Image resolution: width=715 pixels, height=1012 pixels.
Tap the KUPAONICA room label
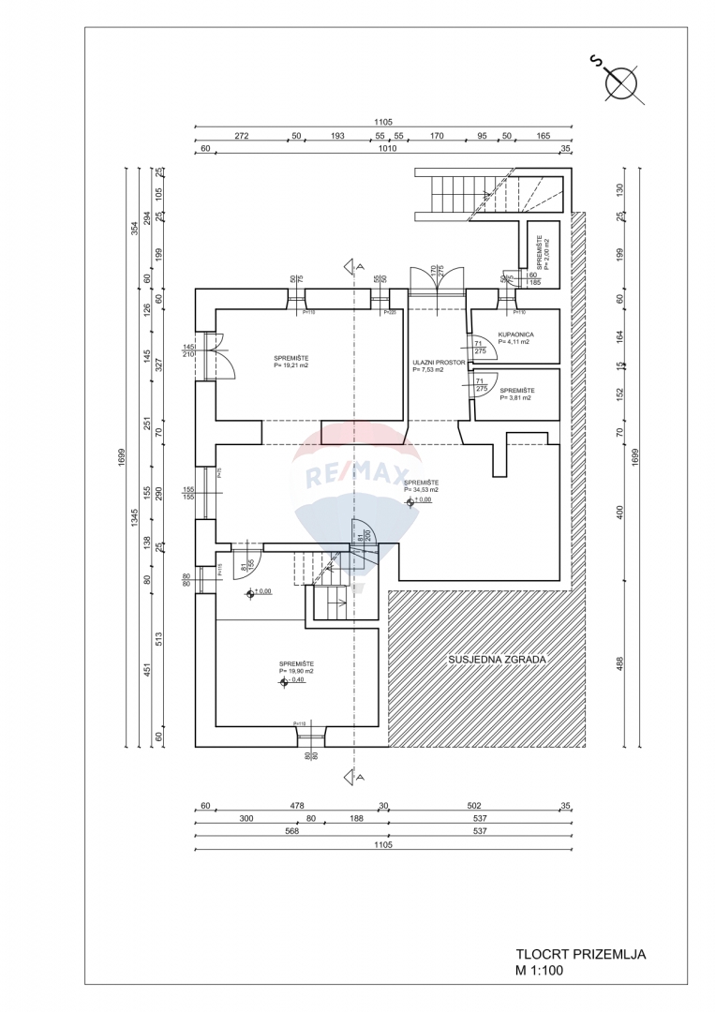pos(516,334)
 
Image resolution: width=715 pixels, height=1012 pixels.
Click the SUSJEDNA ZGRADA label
pos(496,659)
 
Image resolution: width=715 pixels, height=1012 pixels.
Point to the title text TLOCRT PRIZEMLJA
pos(580,955)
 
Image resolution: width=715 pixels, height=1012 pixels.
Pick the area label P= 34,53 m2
pos(421,490)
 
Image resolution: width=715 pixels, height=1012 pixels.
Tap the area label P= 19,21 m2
pos(291,366)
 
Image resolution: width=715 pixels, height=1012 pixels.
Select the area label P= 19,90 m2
pos(296,672)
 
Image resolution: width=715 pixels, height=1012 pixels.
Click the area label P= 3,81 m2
pos(515,397)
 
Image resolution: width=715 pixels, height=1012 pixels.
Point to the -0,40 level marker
pos(291,682)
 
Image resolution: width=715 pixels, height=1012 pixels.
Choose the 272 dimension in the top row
pos(241,136)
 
